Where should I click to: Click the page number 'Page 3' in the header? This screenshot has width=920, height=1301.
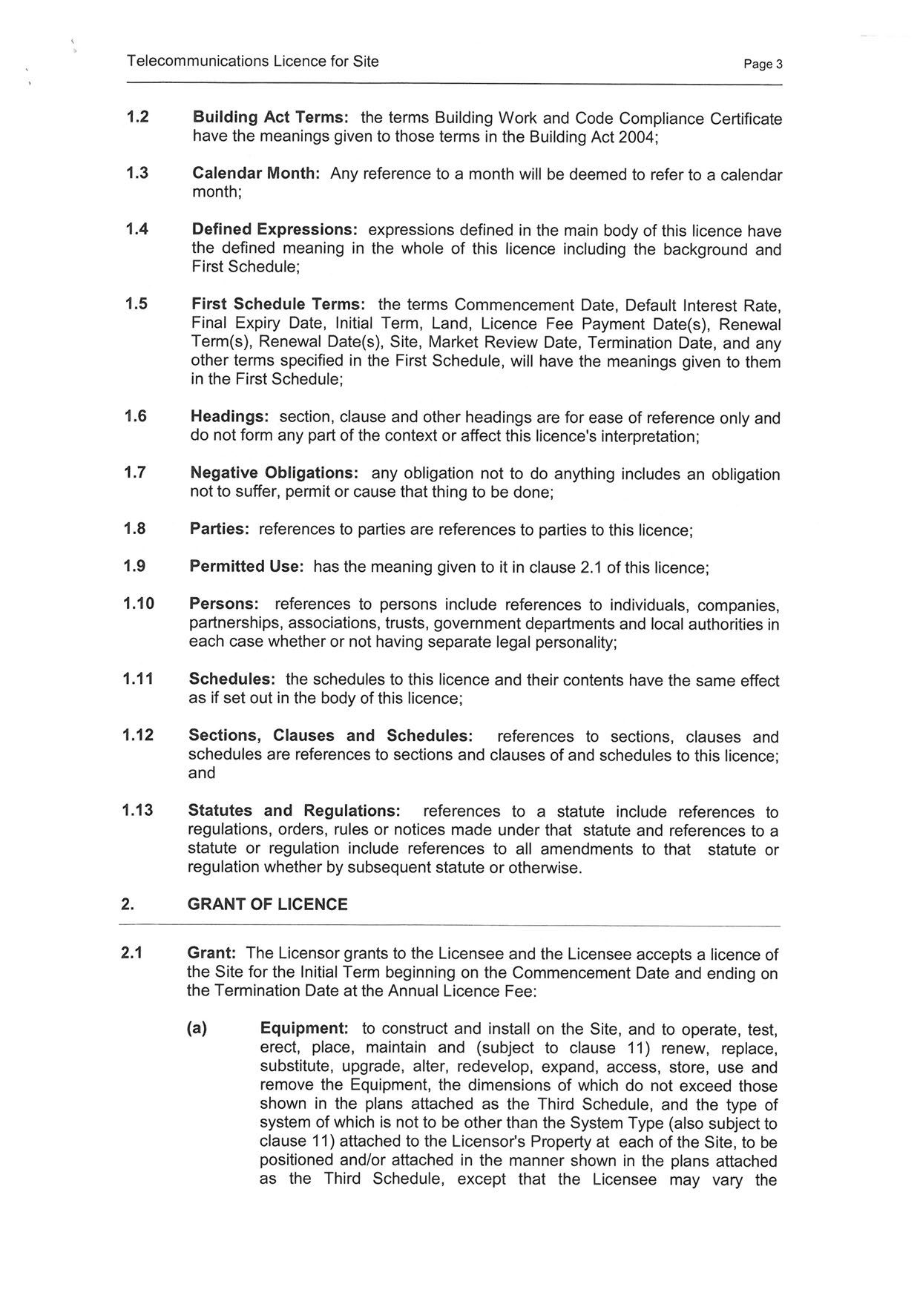763,65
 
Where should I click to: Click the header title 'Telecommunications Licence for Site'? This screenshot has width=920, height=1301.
252,62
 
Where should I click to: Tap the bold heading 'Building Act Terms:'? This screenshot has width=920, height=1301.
270,118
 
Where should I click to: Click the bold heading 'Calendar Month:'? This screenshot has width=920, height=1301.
256,174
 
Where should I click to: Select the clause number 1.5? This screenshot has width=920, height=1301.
137,304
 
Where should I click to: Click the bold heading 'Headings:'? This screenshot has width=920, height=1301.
229,417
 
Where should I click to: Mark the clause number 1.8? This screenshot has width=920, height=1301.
135,529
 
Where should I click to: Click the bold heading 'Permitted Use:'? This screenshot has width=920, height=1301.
246,567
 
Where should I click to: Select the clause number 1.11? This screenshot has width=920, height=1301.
138,679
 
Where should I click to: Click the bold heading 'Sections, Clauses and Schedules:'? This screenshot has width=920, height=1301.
330,736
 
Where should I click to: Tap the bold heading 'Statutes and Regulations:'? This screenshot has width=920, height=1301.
294,811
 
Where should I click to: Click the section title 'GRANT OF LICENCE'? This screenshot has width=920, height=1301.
267,904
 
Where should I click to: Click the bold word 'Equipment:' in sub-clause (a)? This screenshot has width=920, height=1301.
304,1029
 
